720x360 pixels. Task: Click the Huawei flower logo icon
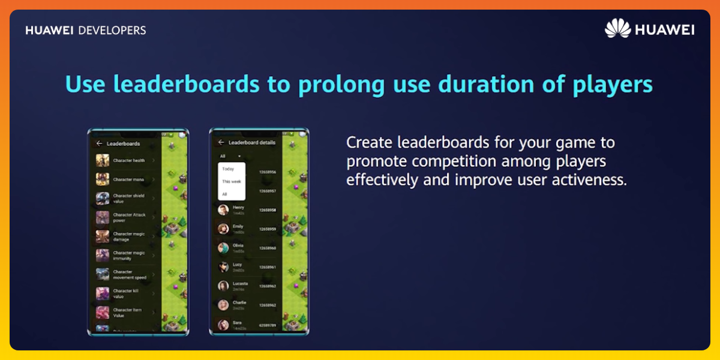pyautogui.click(x=617, y=29)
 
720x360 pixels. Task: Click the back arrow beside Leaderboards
pyautogui.click(x=99, y=143)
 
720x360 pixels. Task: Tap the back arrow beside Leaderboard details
pyautogui.click(x=221, y=142)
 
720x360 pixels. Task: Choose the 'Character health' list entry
pyautogui.click(x=128, y=161)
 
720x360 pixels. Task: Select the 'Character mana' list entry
pyautogui.click(x=128, y=179)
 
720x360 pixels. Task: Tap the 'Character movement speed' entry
pyautogui.click(x=129, y=275)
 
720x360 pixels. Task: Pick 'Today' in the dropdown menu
pyautogui.click(x=228, y=169)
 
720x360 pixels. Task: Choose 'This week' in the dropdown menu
pyautogui.click(x=231, y=181)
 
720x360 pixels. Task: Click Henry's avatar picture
pyautogui.click(x=223, y=209)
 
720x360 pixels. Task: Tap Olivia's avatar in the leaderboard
pyautogui.click(x=223, y=247)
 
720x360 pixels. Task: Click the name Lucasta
pyautogui.click(x=240, y=283)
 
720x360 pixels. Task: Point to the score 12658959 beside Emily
pyautogui.click(x=268, y=229)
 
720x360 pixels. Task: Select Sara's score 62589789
pyautogui.click(x=268, y=325)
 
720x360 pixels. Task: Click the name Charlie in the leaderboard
pyautogui.click(x=239, y=302)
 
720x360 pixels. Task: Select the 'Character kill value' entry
pyautogui.click(x=126, y=293)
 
